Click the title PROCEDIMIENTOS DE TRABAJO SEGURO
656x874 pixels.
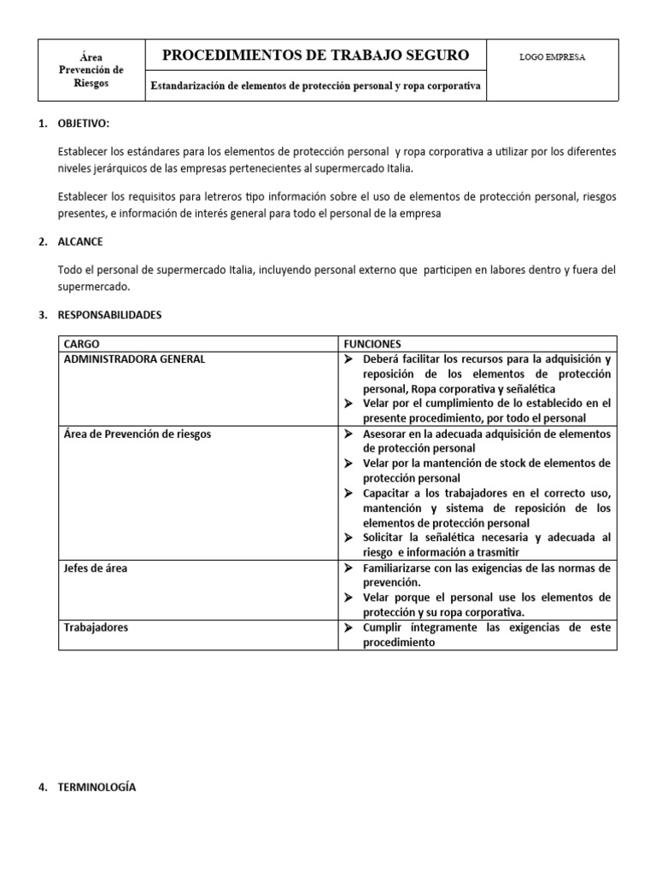(x=315, y=55)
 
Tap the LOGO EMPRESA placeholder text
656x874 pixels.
(x=552, y=57)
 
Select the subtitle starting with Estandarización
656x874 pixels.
(x=315, y=85)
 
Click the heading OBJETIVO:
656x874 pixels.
(x=84, y=124)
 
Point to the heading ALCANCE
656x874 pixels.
(x=81, y=242)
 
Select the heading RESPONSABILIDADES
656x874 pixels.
(x=109, y=315)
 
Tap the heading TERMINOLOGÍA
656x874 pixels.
(x=97, y=787)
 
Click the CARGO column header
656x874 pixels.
(x=82, y=343)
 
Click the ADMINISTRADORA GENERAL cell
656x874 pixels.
(x=134, y=359)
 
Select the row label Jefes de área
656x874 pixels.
(x=96, y=568)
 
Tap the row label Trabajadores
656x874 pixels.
(x=96, y=627)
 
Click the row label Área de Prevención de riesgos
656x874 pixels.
(x=138, y=434)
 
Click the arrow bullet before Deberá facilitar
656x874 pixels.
(x=348, y=359)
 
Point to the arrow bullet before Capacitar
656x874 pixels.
(x=348, y=493)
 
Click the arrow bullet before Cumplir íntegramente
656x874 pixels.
(x=348, y=627)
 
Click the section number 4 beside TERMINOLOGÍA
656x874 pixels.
(x=43, y=787)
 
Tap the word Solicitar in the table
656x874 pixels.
(x=384, y=538)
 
